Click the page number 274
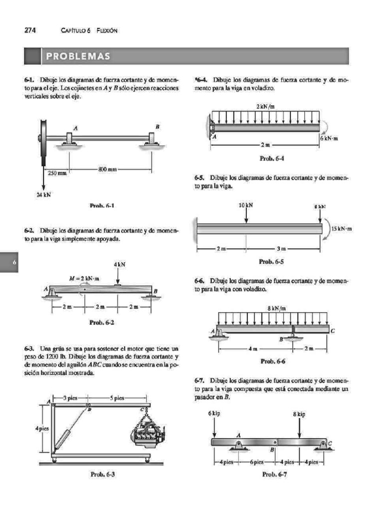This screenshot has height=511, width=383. click(x=29, y=30)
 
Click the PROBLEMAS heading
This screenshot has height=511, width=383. click(x=78, y=56)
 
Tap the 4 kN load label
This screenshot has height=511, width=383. click(x=119, y=263)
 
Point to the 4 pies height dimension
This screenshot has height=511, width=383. click(x=41, y=428)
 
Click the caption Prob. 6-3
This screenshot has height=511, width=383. click(x=102, y=475)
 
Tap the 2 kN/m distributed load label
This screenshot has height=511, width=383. click(x=266, y=107)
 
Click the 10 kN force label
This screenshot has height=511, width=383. click(x=246, y=205)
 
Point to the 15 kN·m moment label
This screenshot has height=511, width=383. click(x=342, y=229)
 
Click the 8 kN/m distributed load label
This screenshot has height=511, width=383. click(x=277, y=308)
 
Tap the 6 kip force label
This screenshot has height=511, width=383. click(x=214, y=414)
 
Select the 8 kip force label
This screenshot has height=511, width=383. click(x=299, y=414)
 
